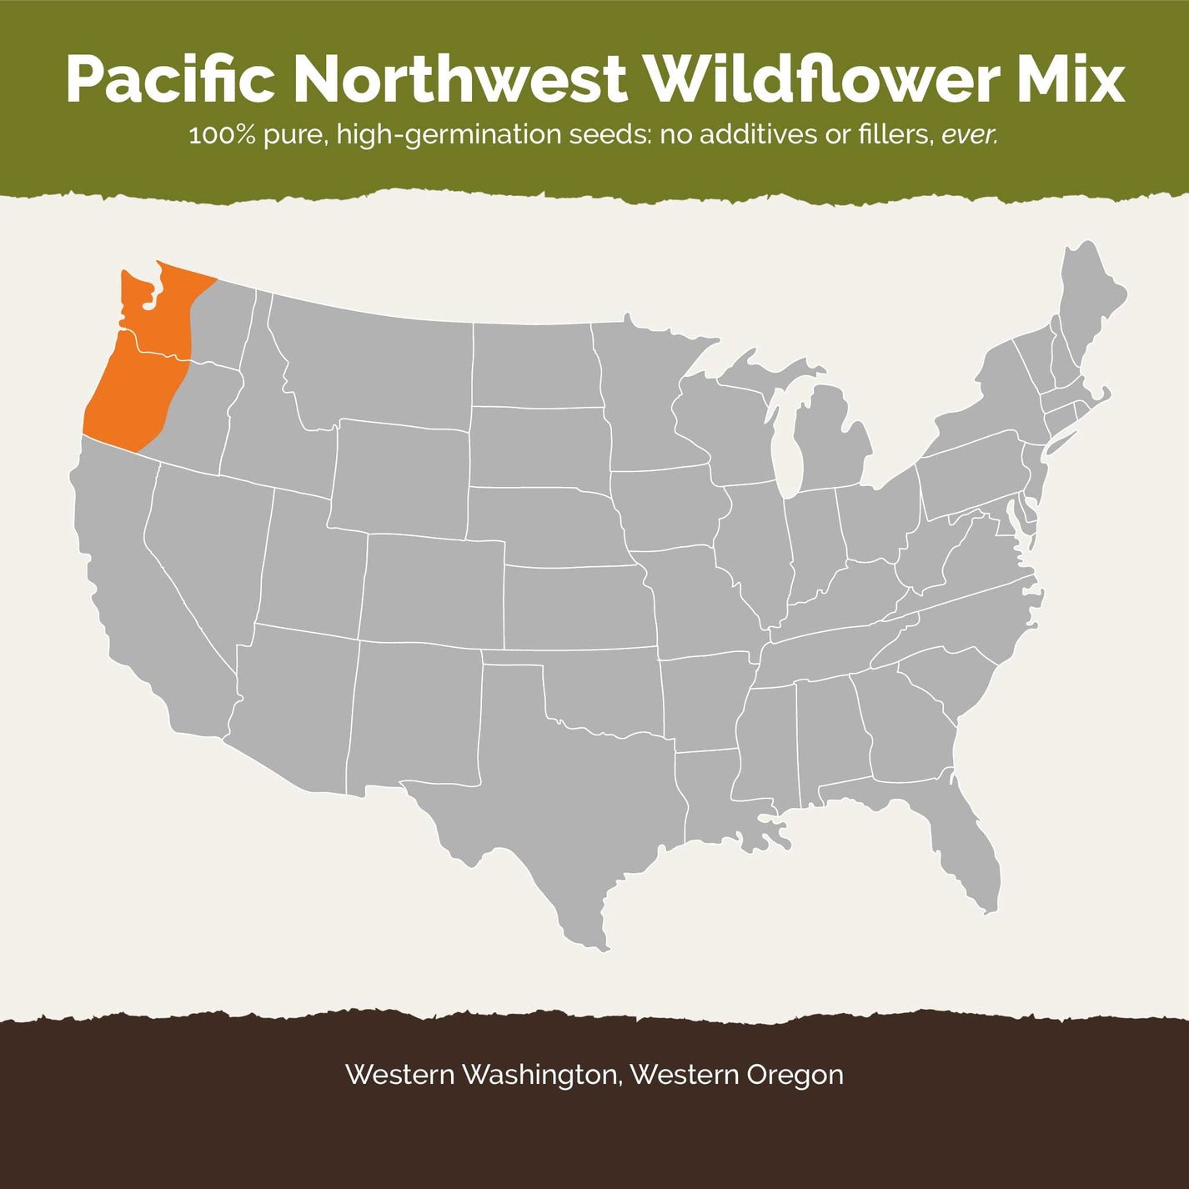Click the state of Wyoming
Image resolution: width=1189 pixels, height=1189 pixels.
tap(400, 475)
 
